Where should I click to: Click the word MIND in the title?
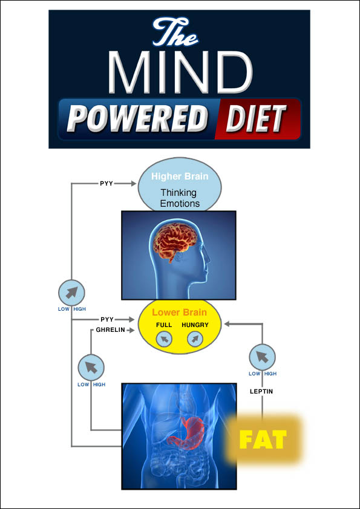tap(180, 72)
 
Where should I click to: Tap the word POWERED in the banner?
tap(137, 118)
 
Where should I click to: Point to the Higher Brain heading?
tap(180, 177)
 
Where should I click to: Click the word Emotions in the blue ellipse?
tap(180, 204)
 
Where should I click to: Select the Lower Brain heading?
tap(179, 313)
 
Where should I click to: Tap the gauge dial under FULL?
tap(164, 340)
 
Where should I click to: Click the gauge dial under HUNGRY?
tap(195, 340)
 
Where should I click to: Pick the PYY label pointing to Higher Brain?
tap(106, 184)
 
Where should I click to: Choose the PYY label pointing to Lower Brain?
tap(107, 320)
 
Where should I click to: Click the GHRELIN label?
tap(111, 330)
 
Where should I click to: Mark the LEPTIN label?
tap(261, 392)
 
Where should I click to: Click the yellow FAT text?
tap(263, 439)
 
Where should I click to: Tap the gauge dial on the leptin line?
tap(262, 357)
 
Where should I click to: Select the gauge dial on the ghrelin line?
tap(91, 368)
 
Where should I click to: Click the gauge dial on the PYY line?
tap(71, 293)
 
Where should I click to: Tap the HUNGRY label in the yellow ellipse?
tap(195, 325)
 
